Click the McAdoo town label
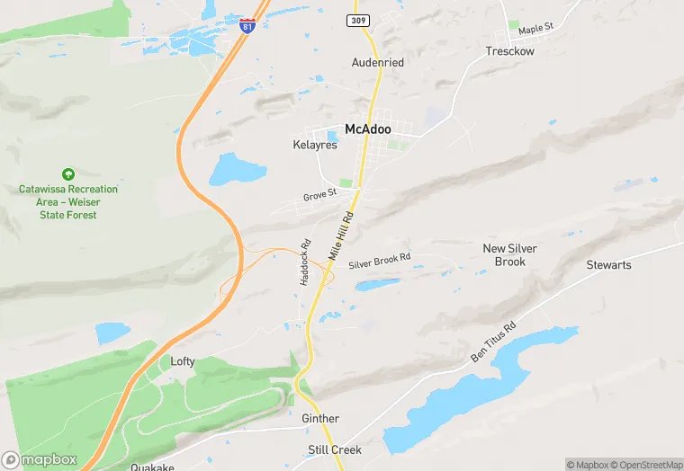(x=367, y=129)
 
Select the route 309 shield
(x=357, y=20)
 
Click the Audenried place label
(x=377, y=63)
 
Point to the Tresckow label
(x=509, y=51)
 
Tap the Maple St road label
(x=535, y=30)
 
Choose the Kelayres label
(x=314, y=145)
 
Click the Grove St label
(x=319, y=194)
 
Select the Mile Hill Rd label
(x=341, y=235)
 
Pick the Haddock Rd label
(x=305, y=262)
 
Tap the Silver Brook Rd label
(x=379, y=260)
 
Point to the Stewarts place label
(x=608, y=265)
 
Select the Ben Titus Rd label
(x=493, y=342)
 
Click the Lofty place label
(x=183, y=361)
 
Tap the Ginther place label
(x=320, y=419)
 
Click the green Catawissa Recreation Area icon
(x=67, y=173)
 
